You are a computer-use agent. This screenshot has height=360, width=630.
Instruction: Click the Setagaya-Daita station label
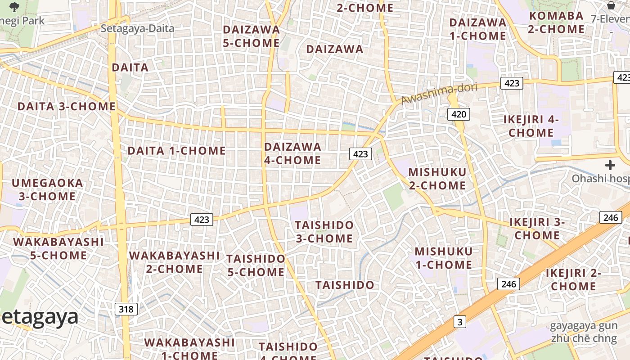[137, 28]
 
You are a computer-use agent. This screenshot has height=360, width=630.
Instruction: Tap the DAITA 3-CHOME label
[67, 107]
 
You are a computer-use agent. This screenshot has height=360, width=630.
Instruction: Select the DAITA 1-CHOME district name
[176, 151]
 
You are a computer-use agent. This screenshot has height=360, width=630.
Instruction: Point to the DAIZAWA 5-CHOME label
[252, 36]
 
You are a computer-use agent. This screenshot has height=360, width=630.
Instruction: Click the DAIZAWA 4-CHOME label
[292, 153]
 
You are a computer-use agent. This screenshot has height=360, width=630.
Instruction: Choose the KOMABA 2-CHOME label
[556, 22]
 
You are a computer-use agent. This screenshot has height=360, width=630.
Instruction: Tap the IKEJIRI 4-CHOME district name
[531, 126]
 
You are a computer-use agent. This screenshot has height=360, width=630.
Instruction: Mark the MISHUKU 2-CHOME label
[437, 179]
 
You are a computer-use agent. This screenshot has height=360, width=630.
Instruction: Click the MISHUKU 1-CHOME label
[444, 258]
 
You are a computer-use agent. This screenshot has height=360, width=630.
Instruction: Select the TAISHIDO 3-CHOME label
[324, 232]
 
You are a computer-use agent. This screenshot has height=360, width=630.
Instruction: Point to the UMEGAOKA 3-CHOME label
[47, 190]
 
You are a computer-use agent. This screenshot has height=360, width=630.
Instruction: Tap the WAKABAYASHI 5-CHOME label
[58, 249]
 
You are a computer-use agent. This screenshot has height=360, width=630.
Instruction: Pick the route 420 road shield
[459, 114]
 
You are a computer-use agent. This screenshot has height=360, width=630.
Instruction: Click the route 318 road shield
[126, 309]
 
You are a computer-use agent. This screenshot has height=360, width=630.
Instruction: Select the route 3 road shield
[459, 322]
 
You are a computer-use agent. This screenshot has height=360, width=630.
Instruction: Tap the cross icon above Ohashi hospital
[610, 166]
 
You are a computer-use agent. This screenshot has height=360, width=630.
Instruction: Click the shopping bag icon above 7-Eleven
[611, 5]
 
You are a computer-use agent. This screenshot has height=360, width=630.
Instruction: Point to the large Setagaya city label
[40, 317]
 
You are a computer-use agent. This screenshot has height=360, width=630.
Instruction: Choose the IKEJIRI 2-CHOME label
[573, 279]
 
